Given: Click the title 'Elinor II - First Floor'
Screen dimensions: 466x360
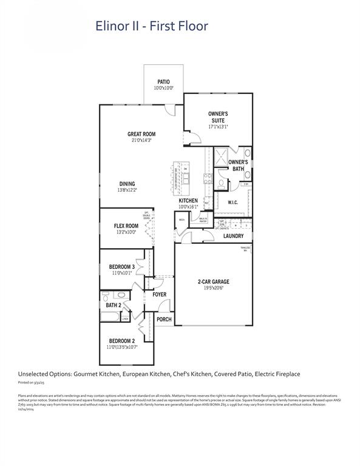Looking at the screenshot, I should coord(151,26).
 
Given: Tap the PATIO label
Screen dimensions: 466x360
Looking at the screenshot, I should coord(163,81).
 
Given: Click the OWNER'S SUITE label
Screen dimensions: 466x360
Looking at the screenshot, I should coord(218,116).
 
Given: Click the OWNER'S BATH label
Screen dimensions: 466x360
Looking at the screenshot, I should coord(237,165).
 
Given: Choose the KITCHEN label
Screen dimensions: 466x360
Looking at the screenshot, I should coord(188,200).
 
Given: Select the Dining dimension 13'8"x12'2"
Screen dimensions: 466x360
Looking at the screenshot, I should coord(127,190).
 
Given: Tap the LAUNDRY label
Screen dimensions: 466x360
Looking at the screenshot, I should coord(233,236).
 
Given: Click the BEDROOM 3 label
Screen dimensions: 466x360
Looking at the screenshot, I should coord(122,267).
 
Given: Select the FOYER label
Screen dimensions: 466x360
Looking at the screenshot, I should coord(159,294).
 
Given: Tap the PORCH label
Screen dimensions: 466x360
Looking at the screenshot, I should coord(164,319).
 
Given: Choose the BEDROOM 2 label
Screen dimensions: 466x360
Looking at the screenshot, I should coord(122,341).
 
